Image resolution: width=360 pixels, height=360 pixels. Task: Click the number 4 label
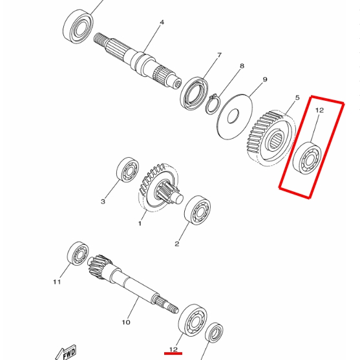click(162, 22)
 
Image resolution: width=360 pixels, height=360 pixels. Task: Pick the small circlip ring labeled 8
click(213, 103)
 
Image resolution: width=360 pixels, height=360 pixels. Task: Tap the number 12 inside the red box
click(319, 111)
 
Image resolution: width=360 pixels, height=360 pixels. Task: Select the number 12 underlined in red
click(173, 350)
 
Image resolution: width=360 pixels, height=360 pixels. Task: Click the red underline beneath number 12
click(173, 354)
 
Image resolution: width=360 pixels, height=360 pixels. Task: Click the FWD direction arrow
click(68, 352)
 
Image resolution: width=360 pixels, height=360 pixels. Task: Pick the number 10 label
click(126, 322)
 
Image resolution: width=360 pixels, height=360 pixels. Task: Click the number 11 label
click(57, 282)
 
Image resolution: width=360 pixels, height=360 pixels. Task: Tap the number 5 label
click(297, 98)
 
